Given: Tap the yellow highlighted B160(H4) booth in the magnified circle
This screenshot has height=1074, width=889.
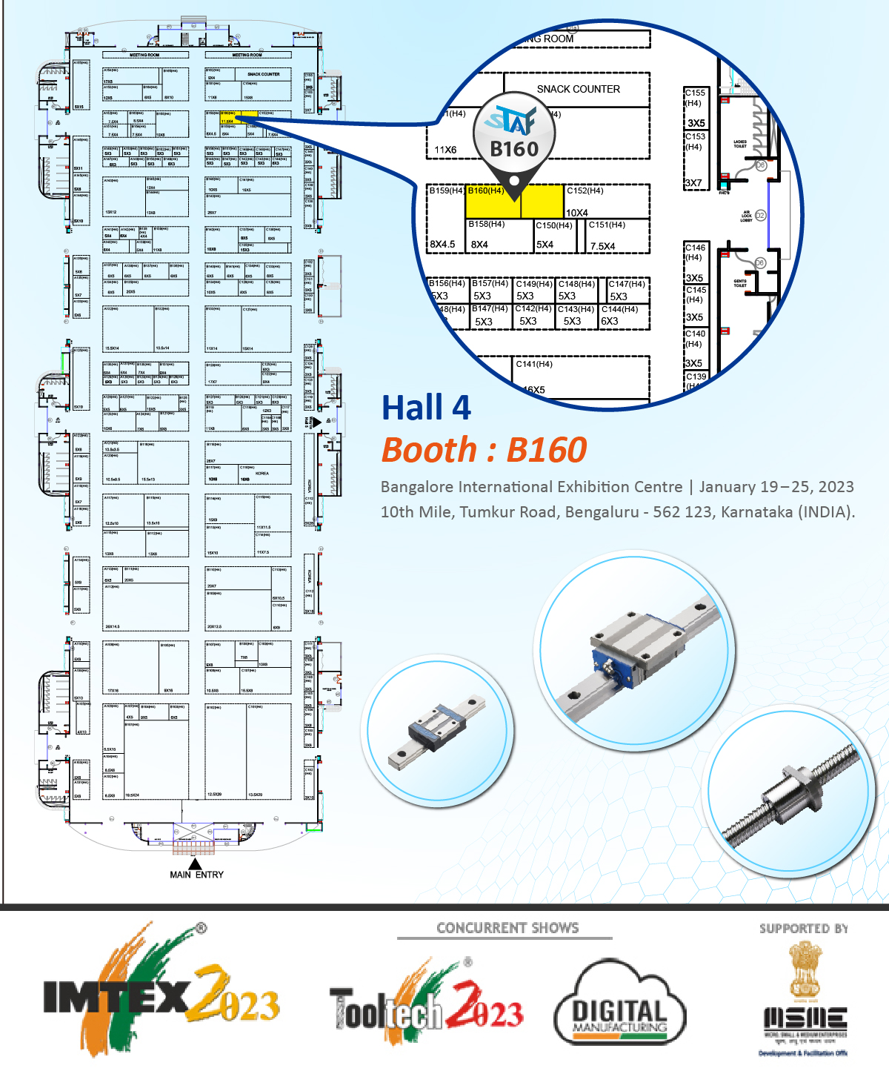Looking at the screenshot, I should (514, 201).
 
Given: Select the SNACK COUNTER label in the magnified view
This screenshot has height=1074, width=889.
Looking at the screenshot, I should (578, 89).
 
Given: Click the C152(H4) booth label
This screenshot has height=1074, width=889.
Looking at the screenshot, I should (585, 190).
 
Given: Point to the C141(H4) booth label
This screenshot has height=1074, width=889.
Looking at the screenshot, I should (534, 364).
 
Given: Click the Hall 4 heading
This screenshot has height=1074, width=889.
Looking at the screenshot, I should (426, 408).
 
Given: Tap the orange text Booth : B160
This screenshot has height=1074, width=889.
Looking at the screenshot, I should (484, 450).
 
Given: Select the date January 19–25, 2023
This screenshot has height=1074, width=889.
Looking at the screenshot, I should (776, 487).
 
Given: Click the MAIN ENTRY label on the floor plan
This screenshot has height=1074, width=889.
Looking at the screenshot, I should (196, 875).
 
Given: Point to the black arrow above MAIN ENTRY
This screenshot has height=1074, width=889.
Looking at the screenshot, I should (195, 863).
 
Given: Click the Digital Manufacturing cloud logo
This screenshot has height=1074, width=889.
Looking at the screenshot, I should (620, 1004).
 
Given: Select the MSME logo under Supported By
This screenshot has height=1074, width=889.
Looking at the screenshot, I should (805, 1001).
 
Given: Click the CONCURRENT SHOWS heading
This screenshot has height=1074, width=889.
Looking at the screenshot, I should (507, 928).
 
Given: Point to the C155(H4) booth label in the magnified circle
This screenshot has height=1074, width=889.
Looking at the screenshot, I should (695, 93).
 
